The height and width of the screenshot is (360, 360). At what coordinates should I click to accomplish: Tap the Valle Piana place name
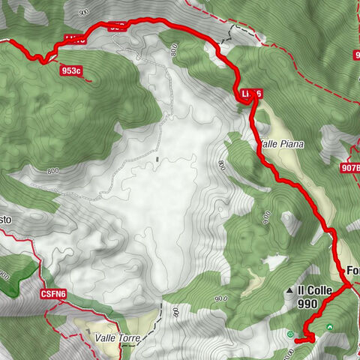pos(279,142)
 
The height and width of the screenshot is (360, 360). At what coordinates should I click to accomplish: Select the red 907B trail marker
pos(350,168)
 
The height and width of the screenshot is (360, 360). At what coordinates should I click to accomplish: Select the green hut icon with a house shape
pos(330,326)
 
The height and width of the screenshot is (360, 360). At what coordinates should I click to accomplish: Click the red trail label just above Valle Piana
pos(251,93)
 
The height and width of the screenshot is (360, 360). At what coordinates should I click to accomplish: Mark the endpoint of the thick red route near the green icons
pos(297,340)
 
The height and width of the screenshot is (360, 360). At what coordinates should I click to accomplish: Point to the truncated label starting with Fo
pos(352,270)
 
